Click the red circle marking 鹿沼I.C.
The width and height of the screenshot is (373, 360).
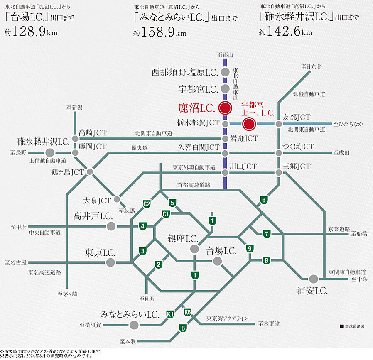[x=225, y=108]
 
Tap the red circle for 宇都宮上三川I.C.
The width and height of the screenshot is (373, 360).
[x=249, y=124]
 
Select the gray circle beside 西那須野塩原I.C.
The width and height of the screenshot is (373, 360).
[x=225, y=72]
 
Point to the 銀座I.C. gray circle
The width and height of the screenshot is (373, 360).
[x=194, y=249]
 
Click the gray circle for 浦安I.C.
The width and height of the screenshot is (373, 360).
[x=313, y=279]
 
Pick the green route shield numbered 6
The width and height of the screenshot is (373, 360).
[x=263, y=200]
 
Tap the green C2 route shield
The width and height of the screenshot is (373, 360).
[x=146, y=203]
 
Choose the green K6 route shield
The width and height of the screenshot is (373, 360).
[x=187, y=312]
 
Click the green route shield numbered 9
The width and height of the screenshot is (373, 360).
[x=250, y=249]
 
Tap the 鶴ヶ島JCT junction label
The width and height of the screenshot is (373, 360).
[x=68, y=171]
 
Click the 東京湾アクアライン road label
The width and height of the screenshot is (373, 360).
[x=228, y=318]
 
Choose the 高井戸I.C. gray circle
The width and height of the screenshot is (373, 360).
[x=110, y=226]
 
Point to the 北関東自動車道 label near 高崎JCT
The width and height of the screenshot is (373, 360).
[x=153, y=133]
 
